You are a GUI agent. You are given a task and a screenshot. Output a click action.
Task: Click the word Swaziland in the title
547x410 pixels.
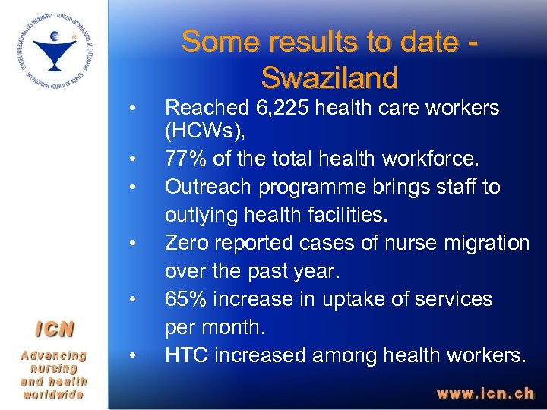pos(329,77)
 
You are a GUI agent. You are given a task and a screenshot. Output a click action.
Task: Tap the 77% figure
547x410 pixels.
pos(184,159)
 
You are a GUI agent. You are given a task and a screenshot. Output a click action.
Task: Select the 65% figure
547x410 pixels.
pos(185,299)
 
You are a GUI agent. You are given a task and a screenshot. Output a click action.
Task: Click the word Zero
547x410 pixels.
pos(188,243)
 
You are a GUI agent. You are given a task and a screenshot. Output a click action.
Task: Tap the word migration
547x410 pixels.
pos(488,243)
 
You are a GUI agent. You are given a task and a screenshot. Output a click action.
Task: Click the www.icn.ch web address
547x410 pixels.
pos(485,394)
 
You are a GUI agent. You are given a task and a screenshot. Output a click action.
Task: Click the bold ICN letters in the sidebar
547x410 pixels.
pos(53,329)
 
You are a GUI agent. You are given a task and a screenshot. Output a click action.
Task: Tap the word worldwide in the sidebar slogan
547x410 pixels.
pos(53,395)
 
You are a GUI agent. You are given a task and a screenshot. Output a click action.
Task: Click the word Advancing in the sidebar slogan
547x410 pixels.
pos(53,355)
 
